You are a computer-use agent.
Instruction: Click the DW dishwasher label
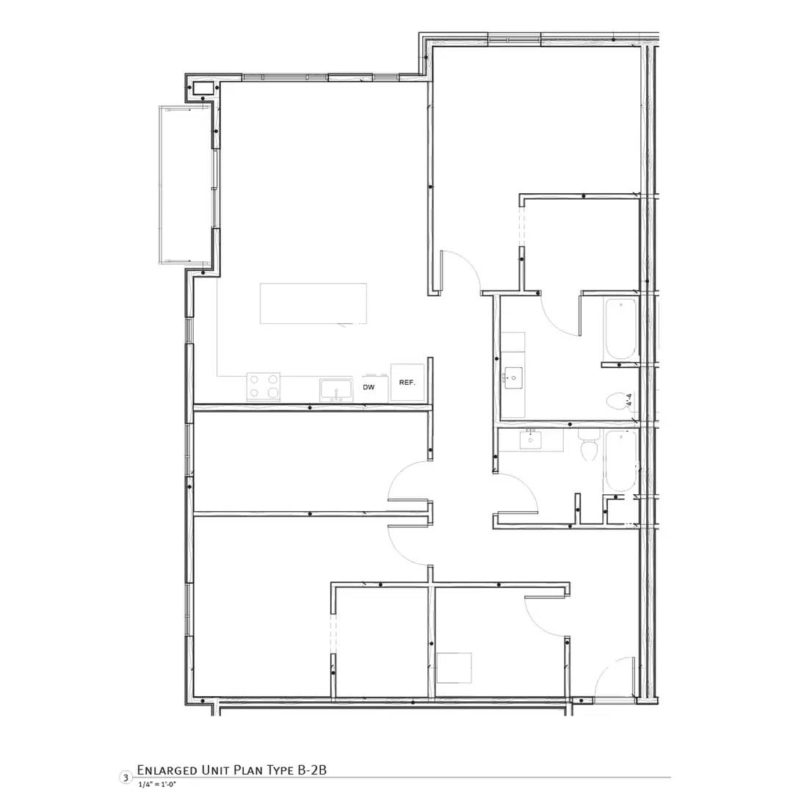(369, 387)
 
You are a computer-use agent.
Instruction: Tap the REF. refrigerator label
(408, 383)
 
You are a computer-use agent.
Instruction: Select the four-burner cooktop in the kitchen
(264, 386)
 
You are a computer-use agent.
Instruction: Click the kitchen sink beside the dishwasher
(336, 388)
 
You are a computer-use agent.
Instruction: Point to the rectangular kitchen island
(314, 303)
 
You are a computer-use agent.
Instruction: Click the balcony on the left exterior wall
(185, 184)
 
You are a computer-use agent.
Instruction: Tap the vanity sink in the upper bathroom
(513, 380)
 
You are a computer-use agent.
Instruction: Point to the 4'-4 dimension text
(629, 400)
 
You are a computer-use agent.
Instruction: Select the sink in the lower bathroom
(530, 440)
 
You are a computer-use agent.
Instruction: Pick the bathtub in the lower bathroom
(620, 461)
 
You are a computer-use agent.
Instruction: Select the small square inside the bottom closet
(454, 667)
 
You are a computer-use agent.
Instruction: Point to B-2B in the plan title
(311, 770)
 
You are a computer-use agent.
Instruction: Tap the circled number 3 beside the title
(126, 777)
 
